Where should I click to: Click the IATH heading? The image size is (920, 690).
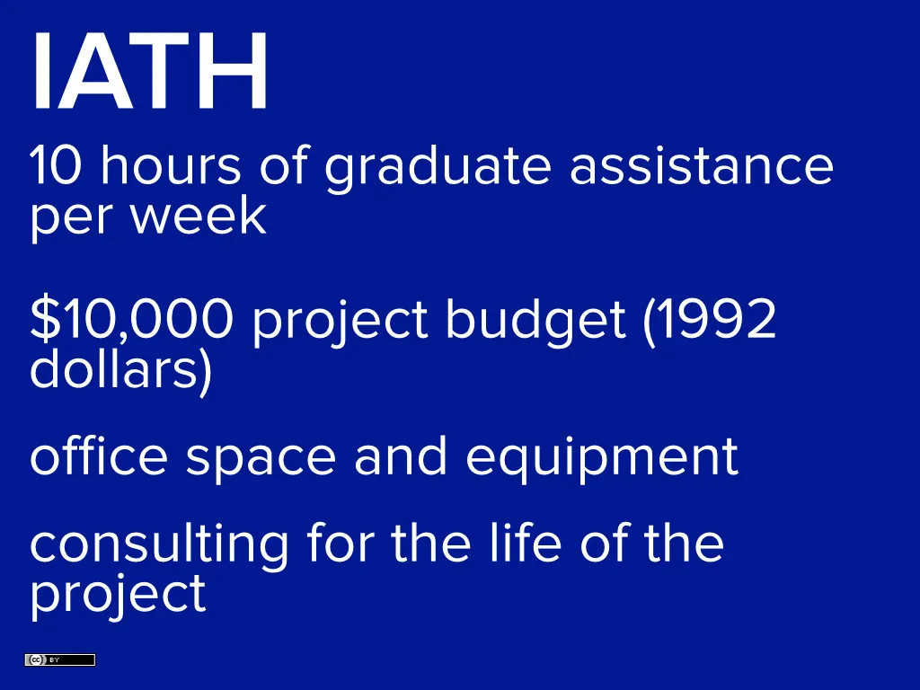tap(149, 72)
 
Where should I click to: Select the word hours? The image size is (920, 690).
tap(171, 166)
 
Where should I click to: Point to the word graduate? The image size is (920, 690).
tap(438, 168)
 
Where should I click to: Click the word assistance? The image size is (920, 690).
tap(701, 166)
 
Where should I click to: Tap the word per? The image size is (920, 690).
tap(62, 218)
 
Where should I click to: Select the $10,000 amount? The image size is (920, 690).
tap(131, 319)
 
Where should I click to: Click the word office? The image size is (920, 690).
tap(98, 456)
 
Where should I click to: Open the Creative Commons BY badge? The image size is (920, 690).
tap(59, 660)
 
